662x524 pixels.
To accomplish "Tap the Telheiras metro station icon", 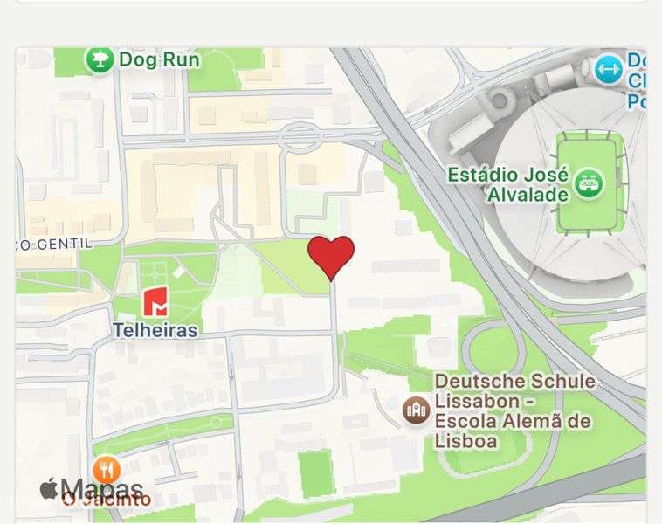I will pyautogui.click(x=156, y=302).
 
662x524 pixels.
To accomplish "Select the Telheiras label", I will pyautogui.click(x=155, y=331).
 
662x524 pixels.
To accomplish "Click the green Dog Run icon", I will pyautogui.click(x=100, y=59).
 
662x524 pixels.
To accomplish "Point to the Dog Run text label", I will pyautogui.click(x=159, y=59).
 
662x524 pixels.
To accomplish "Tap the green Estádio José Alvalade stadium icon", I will pyautogui.click(x=591, y=183).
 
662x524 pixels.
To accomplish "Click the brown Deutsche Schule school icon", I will pyautogui.click(x=416, y=409).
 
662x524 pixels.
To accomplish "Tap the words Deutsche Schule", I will pyautogui.click(x=514, y=382).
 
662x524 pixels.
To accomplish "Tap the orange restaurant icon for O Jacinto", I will pyautogui.click(x=107, y=470).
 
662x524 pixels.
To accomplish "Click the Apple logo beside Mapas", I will pyautogui.click(x=49, y=488).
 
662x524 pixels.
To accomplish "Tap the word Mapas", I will pyautogui.click(x=101, y=488).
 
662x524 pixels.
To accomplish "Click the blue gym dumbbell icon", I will pyautogui.click(x=608, y=70).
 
